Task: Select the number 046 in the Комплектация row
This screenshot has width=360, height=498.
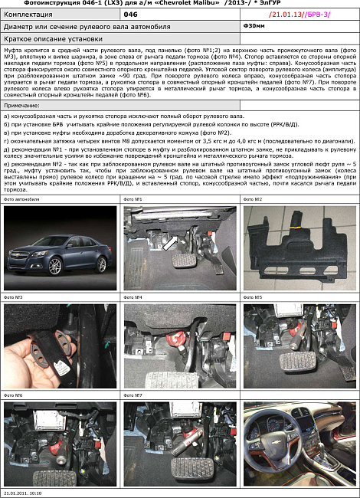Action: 131,15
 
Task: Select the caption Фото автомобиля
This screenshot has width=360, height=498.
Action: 21,198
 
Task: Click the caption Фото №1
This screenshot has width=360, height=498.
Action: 133,198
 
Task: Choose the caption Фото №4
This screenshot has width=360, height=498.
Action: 133,297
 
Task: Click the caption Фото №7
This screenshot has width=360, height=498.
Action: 133,395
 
